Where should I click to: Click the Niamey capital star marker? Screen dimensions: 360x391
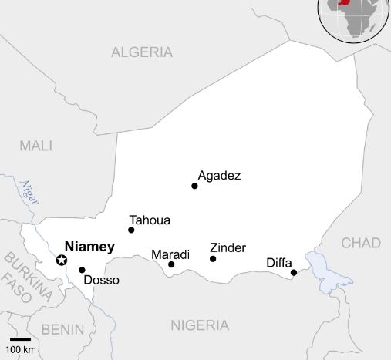click(x=62, y=260)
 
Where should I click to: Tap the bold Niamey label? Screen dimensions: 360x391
click(x=89, y=247)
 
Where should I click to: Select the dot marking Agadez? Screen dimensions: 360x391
click(x=194, y=186)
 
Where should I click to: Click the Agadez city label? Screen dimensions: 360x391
click(x=219, y=176)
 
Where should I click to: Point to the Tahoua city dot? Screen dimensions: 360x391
click(x=131, y=230)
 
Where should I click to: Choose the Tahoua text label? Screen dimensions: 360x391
click(x=150, y=220)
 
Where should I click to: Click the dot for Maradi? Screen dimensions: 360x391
click(x=171, y=264)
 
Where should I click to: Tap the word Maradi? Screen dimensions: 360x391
click(x=170, y=254)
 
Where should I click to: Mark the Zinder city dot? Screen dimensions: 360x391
click(x=213, y=259)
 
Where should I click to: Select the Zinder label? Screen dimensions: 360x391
click(x=228, y=247)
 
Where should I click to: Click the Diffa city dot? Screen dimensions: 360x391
click(x=294, y=272)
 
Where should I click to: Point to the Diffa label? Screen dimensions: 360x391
click(x=279, y=262)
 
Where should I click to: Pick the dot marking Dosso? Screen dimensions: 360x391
click(x=82, y=270)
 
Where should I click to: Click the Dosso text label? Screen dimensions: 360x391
click(x=101, y=280)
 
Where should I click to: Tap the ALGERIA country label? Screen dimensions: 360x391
click(x=142, y=52)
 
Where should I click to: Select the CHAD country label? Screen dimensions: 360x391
click(x=361, y=243)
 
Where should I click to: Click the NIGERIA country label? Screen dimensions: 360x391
click(x=200, y=325)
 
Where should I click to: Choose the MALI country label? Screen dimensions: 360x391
click(x=35, y=146)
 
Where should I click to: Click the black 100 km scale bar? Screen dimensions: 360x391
click(x=20, y=339)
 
